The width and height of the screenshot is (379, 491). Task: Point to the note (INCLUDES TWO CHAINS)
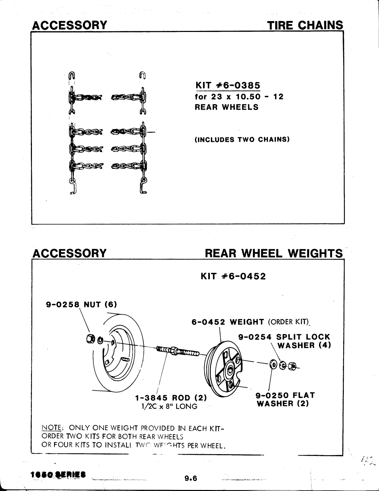click(x=242, y=139)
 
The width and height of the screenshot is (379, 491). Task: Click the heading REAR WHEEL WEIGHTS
click(x=273, y=253)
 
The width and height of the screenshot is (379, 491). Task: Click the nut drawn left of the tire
click(x=89, y=339)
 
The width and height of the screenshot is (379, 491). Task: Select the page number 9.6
click(x=191, y=478)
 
